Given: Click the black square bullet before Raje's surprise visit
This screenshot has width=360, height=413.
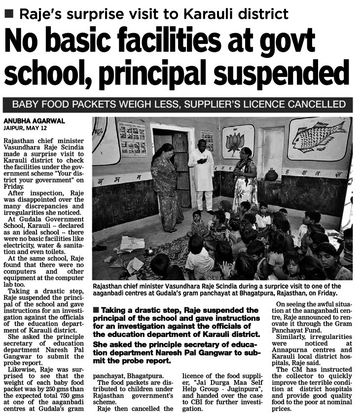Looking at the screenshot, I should click(x=9, y=13).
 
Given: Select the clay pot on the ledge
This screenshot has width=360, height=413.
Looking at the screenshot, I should click(x=271, y=175).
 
